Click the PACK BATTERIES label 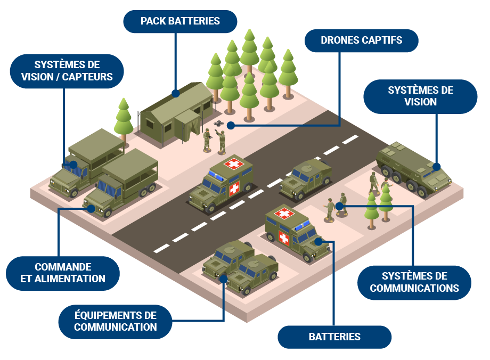180,21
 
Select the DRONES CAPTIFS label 361,40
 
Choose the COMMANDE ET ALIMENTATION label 63,273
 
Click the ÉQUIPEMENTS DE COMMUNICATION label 115,322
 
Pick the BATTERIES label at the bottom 334,337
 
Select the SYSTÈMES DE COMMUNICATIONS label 414,282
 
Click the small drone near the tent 219,124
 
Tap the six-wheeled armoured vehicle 413,167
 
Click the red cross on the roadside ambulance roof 233,163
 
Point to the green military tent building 176,111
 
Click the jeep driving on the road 306,178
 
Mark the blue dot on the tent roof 176,93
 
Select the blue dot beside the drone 231,126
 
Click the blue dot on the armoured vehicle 436,167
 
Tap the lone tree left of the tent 124,118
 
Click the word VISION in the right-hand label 420,102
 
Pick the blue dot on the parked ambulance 318,241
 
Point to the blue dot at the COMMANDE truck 91,209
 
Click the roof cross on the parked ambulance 284,214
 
